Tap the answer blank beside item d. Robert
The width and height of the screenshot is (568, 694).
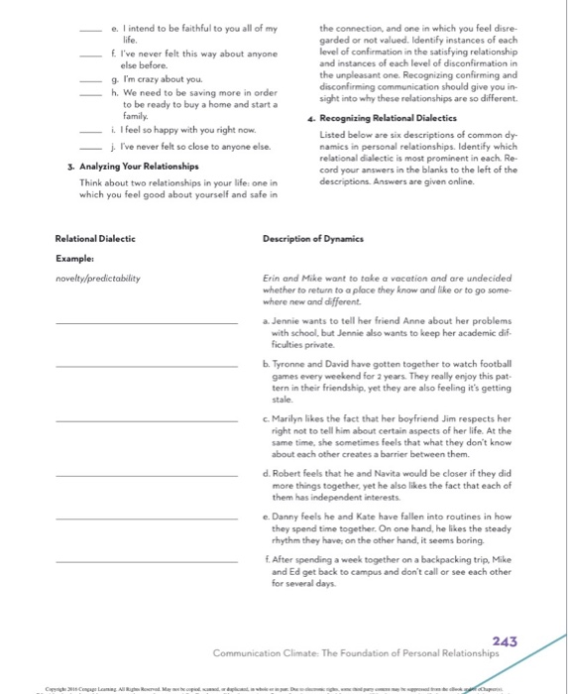pos(146,477)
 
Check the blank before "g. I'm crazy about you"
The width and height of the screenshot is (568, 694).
pos(95,78)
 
